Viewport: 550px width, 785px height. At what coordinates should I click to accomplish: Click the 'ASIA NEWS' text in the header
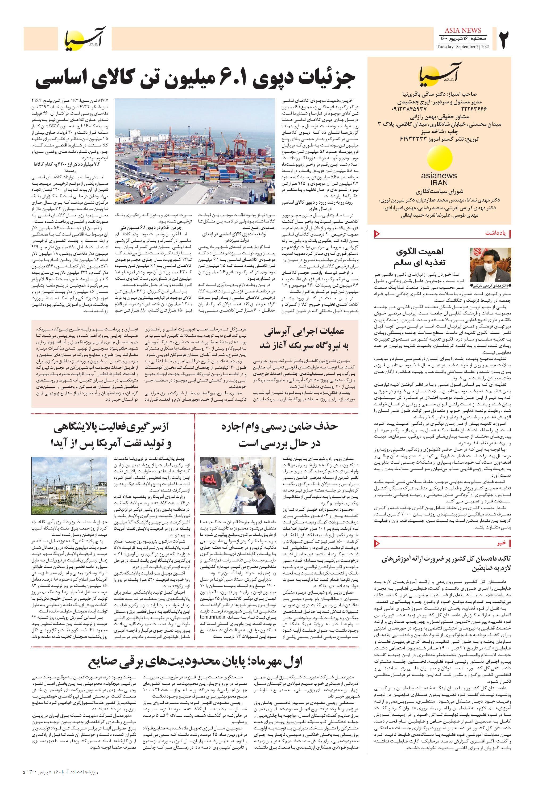pos(463,30)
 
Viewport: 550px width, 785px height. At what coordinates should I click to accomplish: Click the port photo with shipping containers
pos(195,152)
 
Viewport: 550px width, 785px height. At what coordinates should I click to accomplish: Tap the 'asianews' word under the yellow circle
pos(439,176)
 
